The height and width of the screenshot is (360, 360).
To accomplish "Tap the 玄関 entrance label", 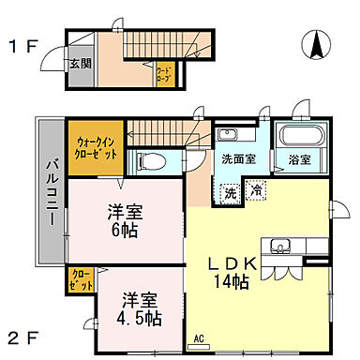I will [78, 64].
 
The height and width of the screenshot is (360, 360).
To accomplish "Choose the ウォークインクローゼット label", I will [96, 147].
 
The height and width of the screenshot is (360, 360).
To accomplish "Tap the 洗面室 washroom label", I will [238, 158].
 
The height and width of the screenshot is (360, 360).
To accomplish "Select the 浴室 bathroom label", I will [299, 159].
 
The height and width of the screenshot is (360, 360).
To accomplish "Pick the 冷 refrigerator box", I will [256, 191].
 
